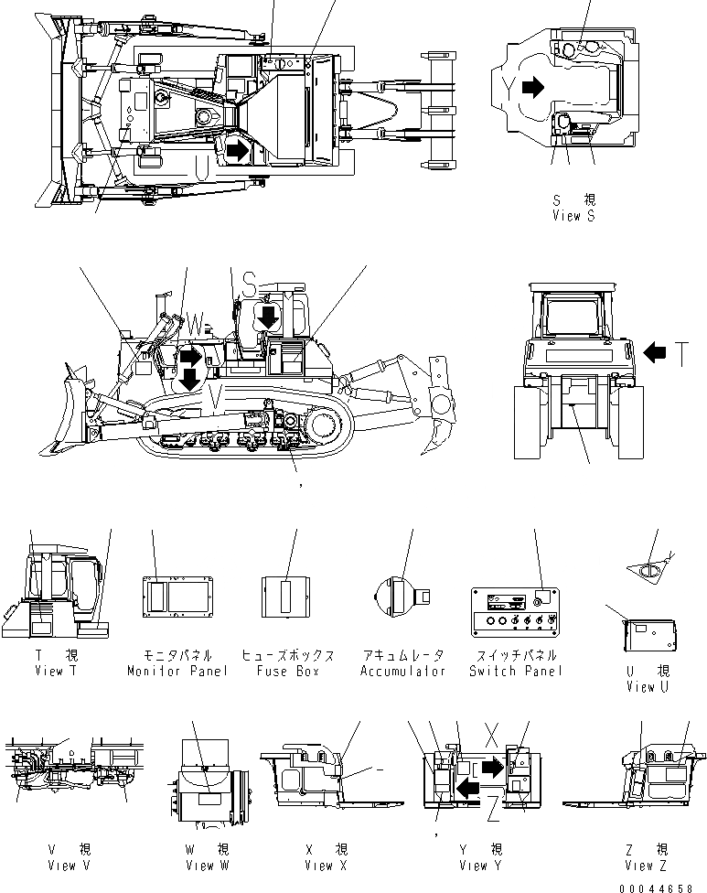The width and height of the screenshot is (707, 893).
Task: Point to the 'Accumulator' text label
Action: click(402, 671)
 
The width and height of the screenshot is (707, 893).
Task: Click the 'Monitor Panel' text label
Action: click(177, 671)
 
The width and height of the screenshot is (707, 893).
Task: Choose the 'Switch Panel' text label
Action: click(514, 671)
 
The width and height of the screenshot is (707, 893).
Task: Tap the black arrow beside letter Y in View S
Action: click(533, 88)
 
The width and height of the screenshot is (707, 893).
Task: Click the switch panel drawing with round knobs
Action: click(514, 608)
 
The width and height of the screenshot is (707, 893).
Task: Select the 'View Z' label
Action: click(648, 865)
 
